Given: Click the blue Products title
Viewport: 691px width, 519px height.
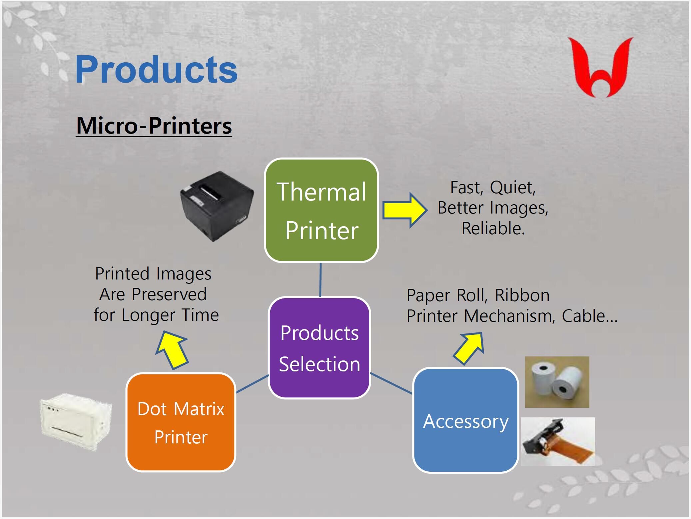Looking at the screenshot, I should pyautogui.click(x=156, y=69).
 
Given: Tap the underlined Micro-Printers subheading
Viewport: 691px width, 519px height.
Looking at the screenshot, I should pyautogui.click(x=154, y=126).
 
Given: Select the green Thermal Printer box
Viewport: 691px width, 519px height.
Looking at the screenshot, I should pyautogui.click(x=321, y=210).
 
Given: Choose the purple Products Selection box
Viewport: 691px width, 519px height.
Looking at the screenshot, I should pyautogui.click(x=320, y=348).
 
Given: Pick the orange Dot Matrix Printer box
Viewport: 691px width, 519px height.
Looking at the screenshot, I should pyautogui.click(x=181, y=422).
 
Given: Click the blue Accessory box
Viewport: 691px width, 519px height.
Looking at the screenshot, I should pyautogui.click(x=465, y=420).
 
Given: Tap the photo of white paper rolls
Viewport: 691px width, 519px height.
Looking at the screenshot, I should pyautogui.click(x=557, y=382).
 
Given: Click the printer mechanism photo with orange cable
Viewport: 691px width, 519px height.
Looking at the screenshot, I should pyautogui.click(x=557, y=441).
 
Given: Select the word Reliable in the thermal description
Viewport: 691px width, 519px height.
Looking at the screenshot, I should pyautogui.click(x=493, y=229).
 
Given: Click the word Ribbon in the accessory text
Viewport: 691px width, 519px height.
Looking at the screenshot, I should pyautogui.click(x=522, y=295).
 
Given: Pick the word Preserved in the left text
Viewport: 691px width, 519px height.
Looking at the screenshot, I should pyautogui.click(x=169, y=294).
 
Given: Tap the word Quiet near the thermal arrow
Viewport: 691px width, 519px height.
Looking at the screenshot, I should pyautogui.click(x=512, y=188).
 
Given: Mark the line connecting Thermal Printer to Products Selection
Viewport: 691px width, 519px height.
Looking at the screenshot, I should pyautogui.click(x=320, y=280).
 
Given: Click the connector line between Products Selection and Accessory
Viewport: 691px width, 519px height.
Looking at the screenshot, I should pyautogui.click(x=391, y=383).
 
